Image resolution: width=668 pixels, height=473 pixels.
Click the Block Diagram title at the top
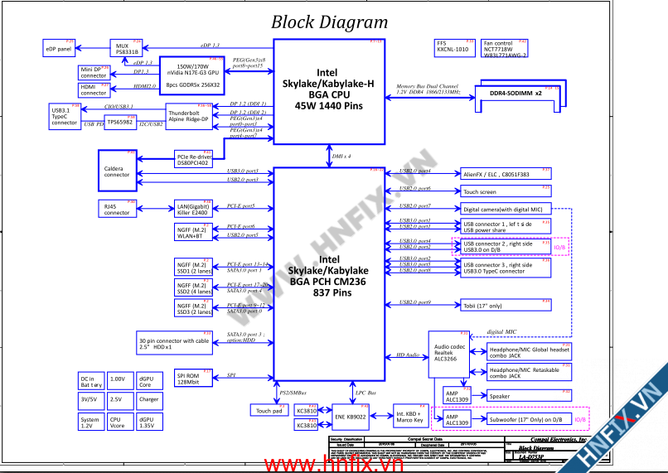tap(329, 22)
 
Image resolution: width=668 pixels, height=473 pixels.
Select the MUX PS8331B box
tap(127, 47)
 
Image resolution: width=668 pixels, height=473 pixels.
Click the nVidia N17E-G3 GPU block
tap(192, 75)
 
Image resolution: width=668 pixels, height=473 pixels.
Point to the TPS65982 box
tap(120, 122)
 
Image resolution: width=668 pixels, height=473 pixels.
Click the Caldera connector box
tap(117, 171)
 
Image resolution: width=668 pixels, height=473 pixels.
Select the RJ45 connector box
tap(117, 209)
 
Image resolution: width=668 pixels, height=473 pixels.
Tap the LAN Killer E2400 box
tap(194, 209)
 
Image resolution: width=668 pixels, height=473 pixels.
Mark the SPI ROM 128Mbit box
tap(194, 379)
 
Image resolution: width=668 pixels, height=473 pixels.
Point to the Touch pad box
tap(268, 410)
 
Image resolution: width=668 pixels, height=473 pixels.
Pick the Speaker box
tap(529, 396)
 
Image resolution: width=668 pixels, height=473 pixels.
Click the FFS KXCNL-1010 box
tap(453, 46)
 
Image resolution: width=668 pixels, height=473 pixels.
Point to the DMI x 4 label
tap(341, 156)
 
